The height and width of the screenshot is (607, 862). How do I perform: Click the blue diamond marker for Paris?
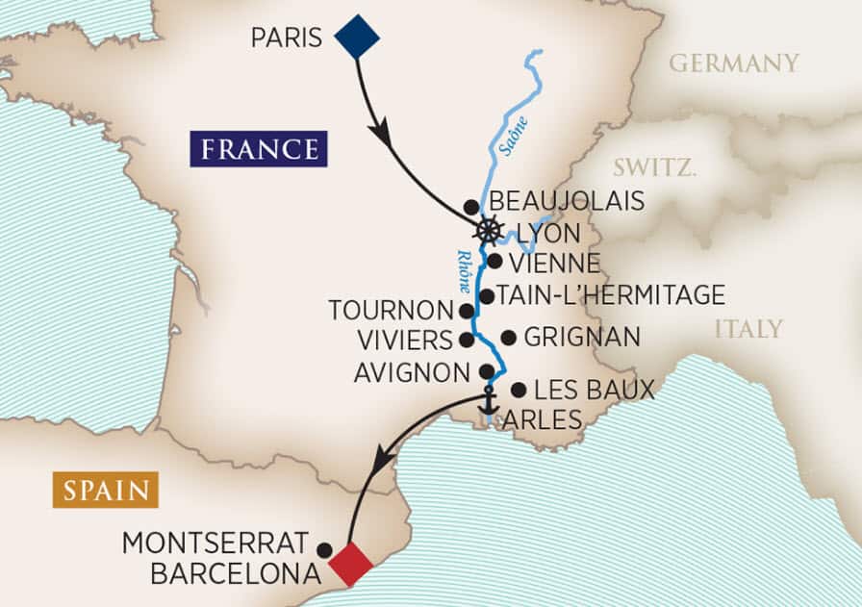point(357,37)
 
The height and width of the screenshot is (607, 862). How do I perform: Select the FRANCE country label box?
point(258,149)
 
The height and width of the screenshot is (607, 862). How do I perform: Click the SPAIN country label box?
point(105,491)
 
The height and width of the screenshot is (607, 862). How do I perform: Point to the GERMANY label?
point(733,63)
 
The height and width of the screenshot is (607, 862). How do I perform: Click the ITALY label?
point(748,329)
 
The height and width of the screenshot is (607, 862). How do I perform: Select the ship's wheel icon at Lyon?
point(489,231)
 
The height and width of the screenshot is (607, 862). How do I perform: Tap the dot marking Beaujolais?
point(470,207)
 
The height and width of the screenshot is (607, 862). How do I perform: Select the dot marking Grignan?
point(507,338)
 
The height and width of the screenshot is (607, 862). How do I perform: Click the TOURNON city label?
point(390,311)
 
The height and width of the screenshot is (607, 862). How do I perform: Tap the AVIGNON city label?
point(411,371)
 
